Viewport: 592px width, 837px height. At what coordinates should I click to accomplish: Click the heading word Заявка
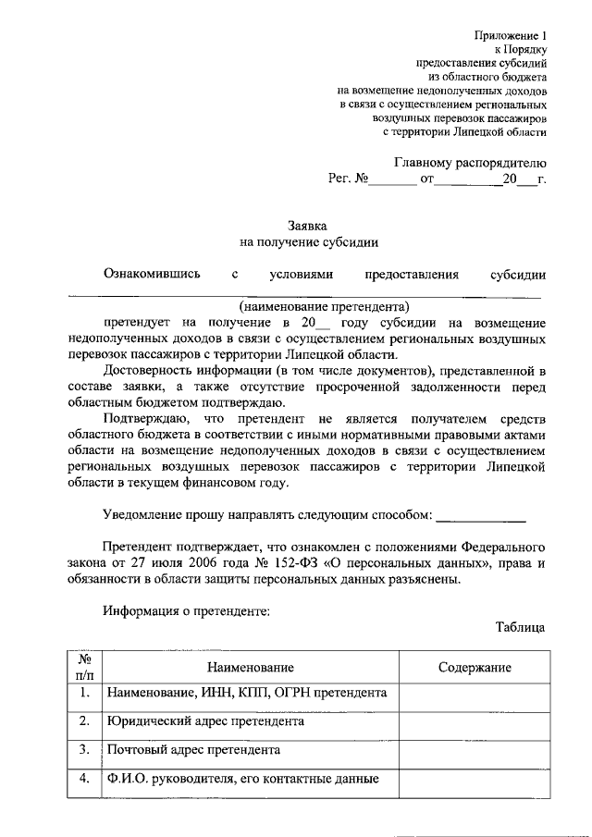point(308,224)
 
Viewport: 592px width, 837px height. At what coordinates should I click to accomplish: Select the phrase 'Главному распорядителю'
point(471,160)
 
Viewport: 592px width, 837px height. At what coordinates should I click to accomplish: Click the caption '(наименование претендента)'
point(324,305)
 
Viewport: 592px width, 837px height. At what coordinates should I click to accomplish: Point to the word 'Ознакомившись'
point(152,274)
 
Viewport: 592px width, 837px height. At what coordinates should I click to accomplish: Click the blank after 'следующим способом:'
point(480,514)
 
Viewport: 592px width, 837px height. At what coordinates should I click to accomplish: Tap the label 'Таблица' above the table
point(520,626)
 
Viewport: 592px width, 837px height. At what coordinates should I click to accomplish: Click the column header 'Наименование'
point(250,668)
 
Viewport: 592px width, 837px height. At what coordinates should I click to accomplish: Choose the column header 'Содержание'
point(475,668)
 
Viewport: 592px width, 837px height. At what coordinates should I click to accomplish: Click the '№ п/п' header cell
point(84,668)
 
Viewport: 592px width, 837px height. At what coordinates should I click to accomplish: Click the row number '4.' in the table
point(84,778)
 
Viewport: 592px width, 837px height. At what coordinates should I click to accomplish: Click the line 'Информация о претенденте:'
point(186,610)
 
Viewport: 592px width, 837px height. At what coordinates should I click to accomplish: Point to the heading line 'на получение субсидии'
point(308,242)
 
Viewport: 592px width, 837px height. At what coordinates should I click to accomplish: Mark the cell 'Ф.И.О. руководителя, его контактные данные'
point(243,778)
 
